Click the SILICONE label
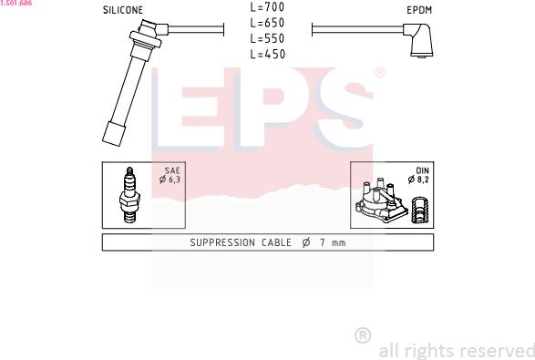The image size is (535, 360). pyautogui.click(x=123, y=10)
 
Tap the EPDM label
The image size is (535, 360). pyautogui.click(x=419, y=10)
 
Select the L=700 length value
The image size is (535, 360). pyautogui.click(x=267, y=6)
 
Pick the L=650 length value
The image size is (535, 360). pyautogui.click(x=267, y=22)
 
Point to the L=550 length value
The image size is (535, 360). pyautogui.click(x=267, y=38)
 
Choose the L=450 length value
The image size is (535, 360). pyautogui.click(x=267, y=54)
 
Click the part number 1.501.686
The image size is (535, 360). pyautogui.click(x=15, y=4)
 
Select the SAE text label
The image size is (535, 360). pyautogui.click(x=172, y=170)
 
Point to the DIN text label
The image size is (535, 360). pyautogui.click(x=423, y=170)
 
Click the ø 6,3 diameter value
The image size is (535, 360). pyautogui.click(x=170, y=180)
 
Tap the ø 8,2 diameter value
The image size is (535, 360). pyautogui.click(x=420, y=180)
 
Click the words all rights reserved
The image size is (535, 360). pyautogui.click(x=456, y=350)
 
